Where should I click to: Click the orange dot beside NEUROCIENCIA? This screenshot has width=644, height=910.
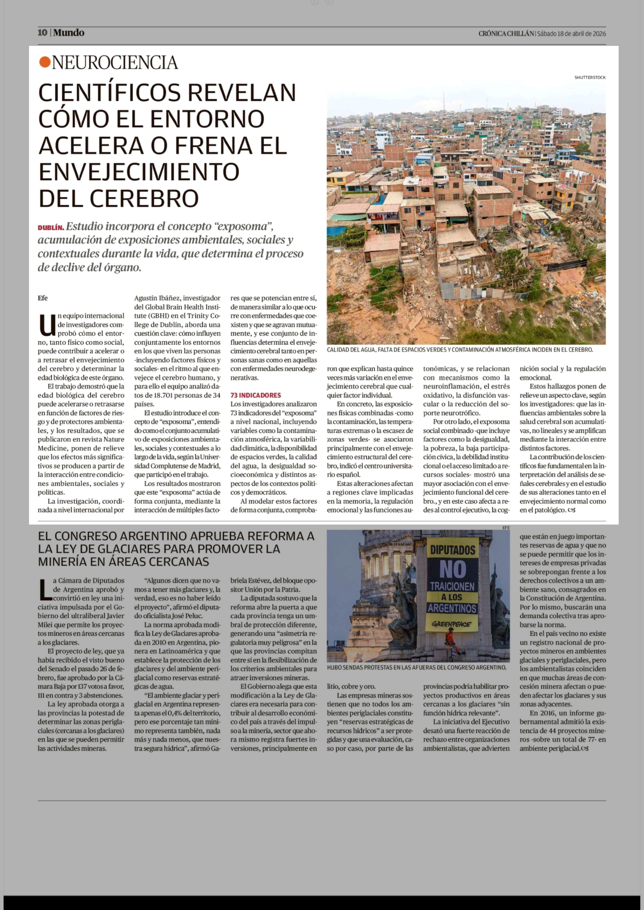coord(45,62)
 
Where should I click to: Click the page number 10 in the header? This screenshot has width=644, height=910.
coord(42,33)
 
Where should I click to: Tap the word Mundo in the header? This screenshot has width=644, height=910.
coord(69,33)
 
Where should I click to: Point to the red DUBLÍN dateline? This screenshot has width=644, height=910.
coord(51,228)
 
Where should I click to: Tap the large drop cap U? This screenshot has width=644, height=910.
coord(47,324)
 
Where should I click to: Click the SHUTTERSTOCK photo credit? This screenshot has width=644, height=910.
coord(590,77)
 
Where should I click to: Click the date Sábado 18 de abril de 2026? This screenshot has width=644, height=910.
coord(571,34)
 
